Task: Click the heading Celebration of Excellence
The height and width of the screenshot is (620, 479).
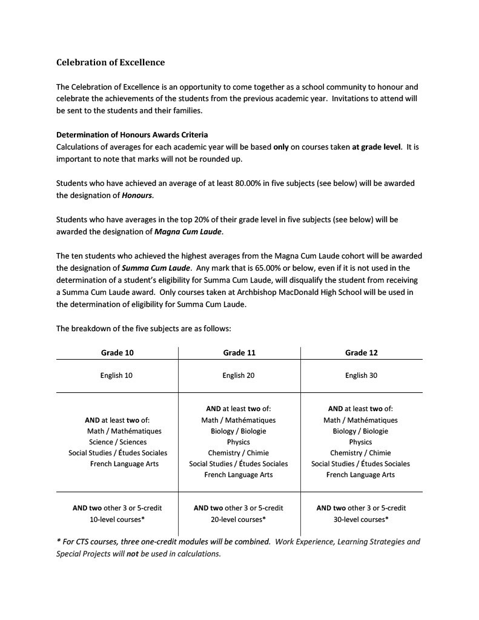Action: pyautogui.click(x=110, y=62)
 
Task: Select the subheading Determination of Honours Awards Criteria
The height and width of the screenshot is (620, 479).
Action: pyautogui.click(x=132, y=135)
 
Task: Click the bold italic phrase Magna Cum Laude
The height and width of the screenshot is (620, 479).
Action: pyautogui.click(x=188, y=231)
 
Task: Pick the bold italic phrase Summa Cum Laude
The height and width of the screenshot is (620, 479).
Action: pyautogui.click(x=157, y=268)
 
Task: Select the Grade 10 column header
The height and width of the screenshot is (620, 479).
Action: pyautogui.click(x=117, y=353)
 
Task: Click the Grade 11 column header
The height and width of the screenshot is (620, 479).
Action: pyautogui.click(x=239, y=353)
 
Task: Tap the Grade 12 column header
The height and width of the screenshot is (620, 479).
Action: pyautogui.click(x=361, y=353)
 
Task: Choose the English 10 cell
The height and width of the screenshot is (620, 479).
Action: pyautogui.click(x=116, y=375)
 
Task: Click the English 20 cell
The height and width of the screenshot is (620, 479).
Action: pyautogui.click(x=239, y=375)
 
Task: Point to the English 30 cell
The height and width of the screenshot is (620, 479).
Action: pyautogui.click(x=361, y=375)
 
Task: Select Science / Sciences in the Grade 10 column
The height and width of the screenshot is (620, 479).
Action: pyautogui.click(x=117, y=442)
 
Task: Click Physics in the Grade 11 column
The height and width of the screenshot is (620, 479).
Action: pyautogui.click(x=239, y=442)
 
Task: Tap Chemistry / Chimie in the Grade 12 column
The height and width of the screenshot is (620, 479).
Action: pyautogui.click(x=360, y=453)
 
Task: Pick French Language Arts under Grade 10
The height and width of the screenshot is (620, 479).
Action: pyautogui.click(x=124, y=464)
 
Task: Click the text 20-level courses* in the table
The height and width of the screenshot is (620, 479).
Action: pyautogui.click(x=239, y=519)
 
